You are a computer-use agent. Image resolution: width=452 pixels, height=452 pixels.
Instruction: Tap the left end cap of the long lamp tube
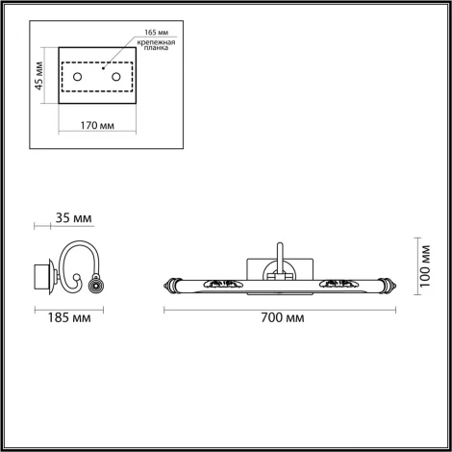point(174,285)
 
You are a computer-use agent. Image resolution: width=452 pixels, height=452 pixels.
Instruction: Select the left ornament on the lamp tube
point(227,285)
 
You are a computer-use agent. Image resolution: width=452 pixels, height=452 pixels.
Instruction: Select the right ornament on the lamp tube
point(339,285)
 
